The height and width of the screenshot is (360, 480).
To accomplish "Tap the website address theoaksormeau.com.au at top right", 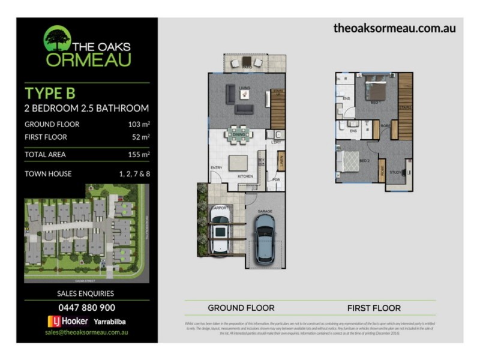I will coord(394,28).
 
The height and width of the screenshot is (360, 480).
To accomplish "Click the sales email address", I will coord(87,332).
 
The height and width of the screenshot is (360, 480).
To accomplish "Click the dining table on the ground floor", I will coord(238,133).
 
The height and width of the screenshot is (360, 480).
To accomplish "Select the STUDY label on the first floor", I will coord(395,172).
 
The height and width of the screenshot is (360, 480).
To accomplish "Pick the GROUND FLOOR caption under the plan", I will coord(241,308).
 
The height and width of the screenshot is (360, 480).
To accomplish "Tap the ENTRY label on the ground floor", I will coord(217,167).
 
